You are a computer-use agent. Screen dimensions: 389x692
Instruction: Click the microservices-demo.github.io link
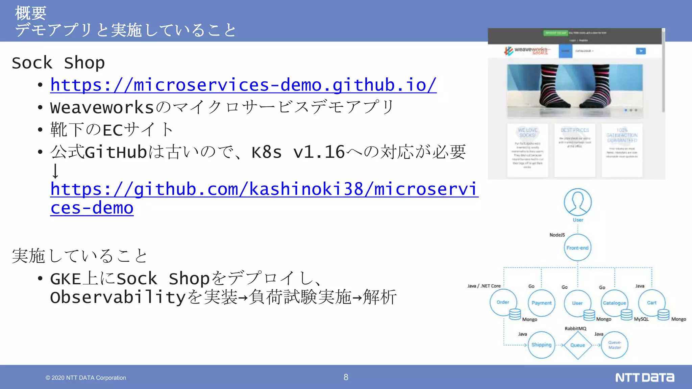pyautogui.click(x=243, y=85)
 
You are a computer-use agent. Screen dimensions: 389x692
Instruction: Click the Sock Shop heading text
pyautogui.click(x=58, y=63)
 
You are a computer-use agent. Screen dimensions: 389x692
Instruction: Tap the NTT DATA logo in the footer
pyautogui.click(x=644, y=377)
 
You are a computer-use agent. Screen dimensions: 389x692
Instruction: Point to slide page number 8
pyautogui.click(x=346, y=377)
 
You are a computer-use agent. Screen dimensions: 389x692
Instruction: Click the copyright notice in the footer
pyautogui.click(x=86, y=378)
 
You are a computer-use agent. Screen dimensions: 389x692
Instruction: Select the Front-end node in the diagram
pyautogui.click(x=577, y=248)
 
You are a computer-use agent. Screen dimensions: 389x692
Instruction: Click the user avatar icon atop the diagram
pyautogui.click(x=578, y=202)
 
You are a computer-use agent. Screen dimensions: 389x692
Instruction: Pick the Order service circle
pyautogui.click(x=503, y=302)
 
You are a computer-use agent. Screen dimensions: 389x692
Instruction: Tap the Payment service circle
pyautogui.click(x=541, y=303)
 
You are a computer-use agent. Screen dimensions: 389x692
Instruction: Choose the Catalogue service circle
pyautogui.click(x=614, y=303)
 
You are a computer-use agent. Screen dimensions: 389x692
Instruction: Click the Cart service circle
pyautogui.click(x=651, y=303)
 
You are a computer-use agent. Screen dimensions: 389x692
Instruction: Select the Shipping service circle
pyautogui.click(x=541, y=345)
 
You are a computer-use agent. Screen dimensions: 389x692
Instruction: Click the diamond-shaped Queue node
pyautogui.click(x=577, y=345)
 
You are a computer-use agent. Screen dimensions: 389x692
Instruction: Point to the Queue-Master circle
pyautogui.click(x=615, y=345)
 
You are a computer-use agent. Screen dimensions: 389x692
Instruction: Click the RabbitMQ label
pyautogui.click(x=575, y=329)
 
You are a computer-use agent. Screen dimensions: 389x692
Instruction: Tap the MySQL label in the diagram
pyautogui.click(x=641, y=319)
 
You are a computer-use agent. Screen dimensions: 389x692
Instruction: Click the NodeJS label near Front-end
pyautogui.click(x=557, y=235)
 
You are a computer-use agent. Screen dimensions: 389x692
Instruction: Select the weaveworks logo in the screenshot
pyautogui.click(x=526, y=51)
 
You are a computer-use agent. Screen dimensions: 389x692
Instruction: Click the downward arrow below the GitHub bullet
pyautogui.click(x=55, y=171)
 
